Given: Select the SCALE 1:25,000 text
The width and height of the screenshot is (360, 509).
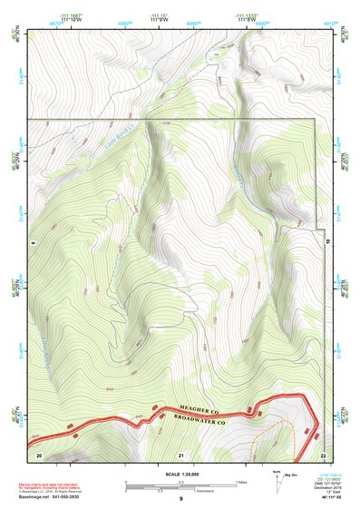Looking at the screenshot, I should coord(180,474).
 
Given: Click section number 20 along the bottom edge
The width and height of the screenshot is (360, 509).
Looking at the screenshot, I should coord(39,454).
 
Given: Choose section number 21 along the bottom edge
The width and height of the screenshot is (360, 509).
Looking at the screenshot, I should coord(180,454).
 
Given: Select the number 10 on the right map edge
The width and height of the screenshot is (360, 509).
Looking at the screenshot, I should coord(327,243).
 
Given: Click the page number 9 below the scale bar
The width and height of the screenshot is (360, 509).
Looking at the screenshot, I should coord(180,499).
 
